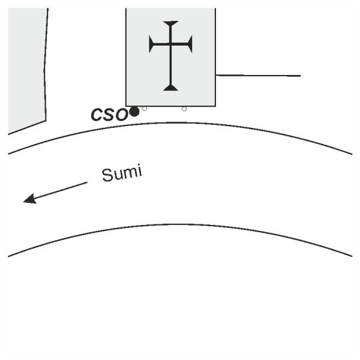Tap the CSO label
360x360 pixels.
coord(109,114)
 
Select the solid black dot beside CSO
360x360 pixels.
coord(134,112)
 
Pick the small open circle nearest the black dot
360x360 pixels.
coord(145,109)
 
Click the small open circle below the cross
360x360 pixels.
coord(184,109)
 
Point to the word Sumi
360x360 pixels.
coord(122,173)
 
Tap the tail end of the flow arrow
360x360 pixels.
coord(87,182)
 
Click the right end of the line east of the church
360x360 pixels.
coord(299,76)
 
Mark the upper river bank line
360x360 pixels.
coord(180,123)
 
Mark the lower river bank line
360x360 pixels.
coord(180,224)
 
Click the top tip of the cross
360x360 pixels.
coord(171,23)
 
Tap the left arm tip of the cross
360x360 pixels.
coord(151,44)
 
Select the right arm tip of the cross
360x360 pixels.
coord(191,44)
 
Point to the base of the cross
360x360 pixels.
coord(171,88)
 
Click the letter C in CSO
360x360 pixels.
coord(97,115)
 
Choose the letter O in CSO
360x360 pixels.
coord(122,114)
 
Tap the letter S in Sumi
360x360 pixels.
coord(107,175)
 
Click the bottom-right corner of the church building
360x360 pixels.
coord(215,106)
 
